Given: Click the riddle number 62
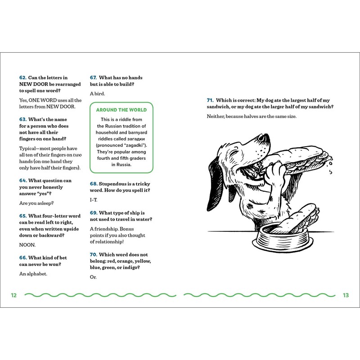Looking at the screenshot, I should (23, 77).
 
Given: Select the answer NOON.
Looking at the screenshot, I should (27, 246).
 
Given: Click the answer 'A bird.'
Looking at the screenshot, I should (98, 93).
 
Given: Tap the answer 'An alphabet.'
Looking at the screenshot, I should (35, 274).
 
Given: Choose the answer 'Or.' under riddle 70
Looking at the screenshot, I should (93, 277).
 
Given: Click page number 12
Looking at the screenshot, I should (14, 295).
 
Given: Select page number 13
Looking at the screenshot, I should (346, 295).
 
